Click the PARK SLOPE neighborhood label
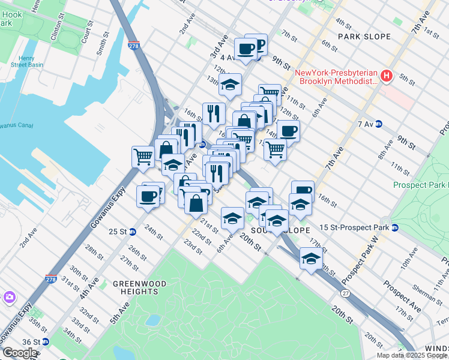coord(364,37)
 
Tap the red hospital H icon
coord(387,77)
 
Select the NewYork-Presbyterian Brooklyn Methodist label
coord(336,77)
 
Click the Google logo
coord(20,352)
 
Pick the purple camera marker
coord(9,297)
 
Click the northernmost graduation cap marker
coord(229,85)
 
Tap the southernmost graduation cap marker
coord(310,259)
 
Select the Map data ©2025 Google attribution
coord(412,355)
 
